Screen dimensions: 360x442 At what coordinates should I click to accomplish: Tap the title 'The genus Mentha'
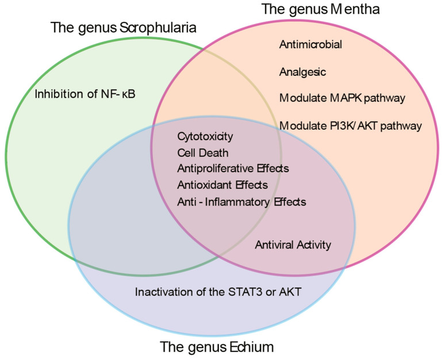320,10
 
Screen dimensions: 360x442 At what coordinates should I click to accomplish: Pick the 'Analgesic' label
302,72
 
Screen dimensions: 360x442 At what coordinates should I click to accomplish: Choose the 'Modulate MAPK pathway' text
342,98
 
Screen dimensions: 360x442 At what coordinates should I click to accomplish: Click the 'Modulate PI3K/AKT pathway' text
351,125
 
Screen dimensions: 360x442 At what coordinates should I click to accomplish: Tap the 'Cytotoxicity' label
205,137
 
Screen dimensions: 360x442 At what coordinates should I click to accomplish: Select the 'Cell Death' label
203,153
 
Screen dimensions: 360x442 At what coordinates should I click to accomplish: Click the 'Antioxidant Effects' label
222,185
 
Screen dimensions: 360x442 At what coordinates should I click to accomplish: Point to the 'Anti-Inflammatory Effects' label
241,202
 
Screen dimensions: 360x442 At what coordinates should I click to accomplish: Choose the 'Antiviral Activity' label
293,245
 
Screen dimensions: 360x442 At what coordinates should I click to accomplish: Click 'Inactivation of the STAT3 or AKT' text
218,292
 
